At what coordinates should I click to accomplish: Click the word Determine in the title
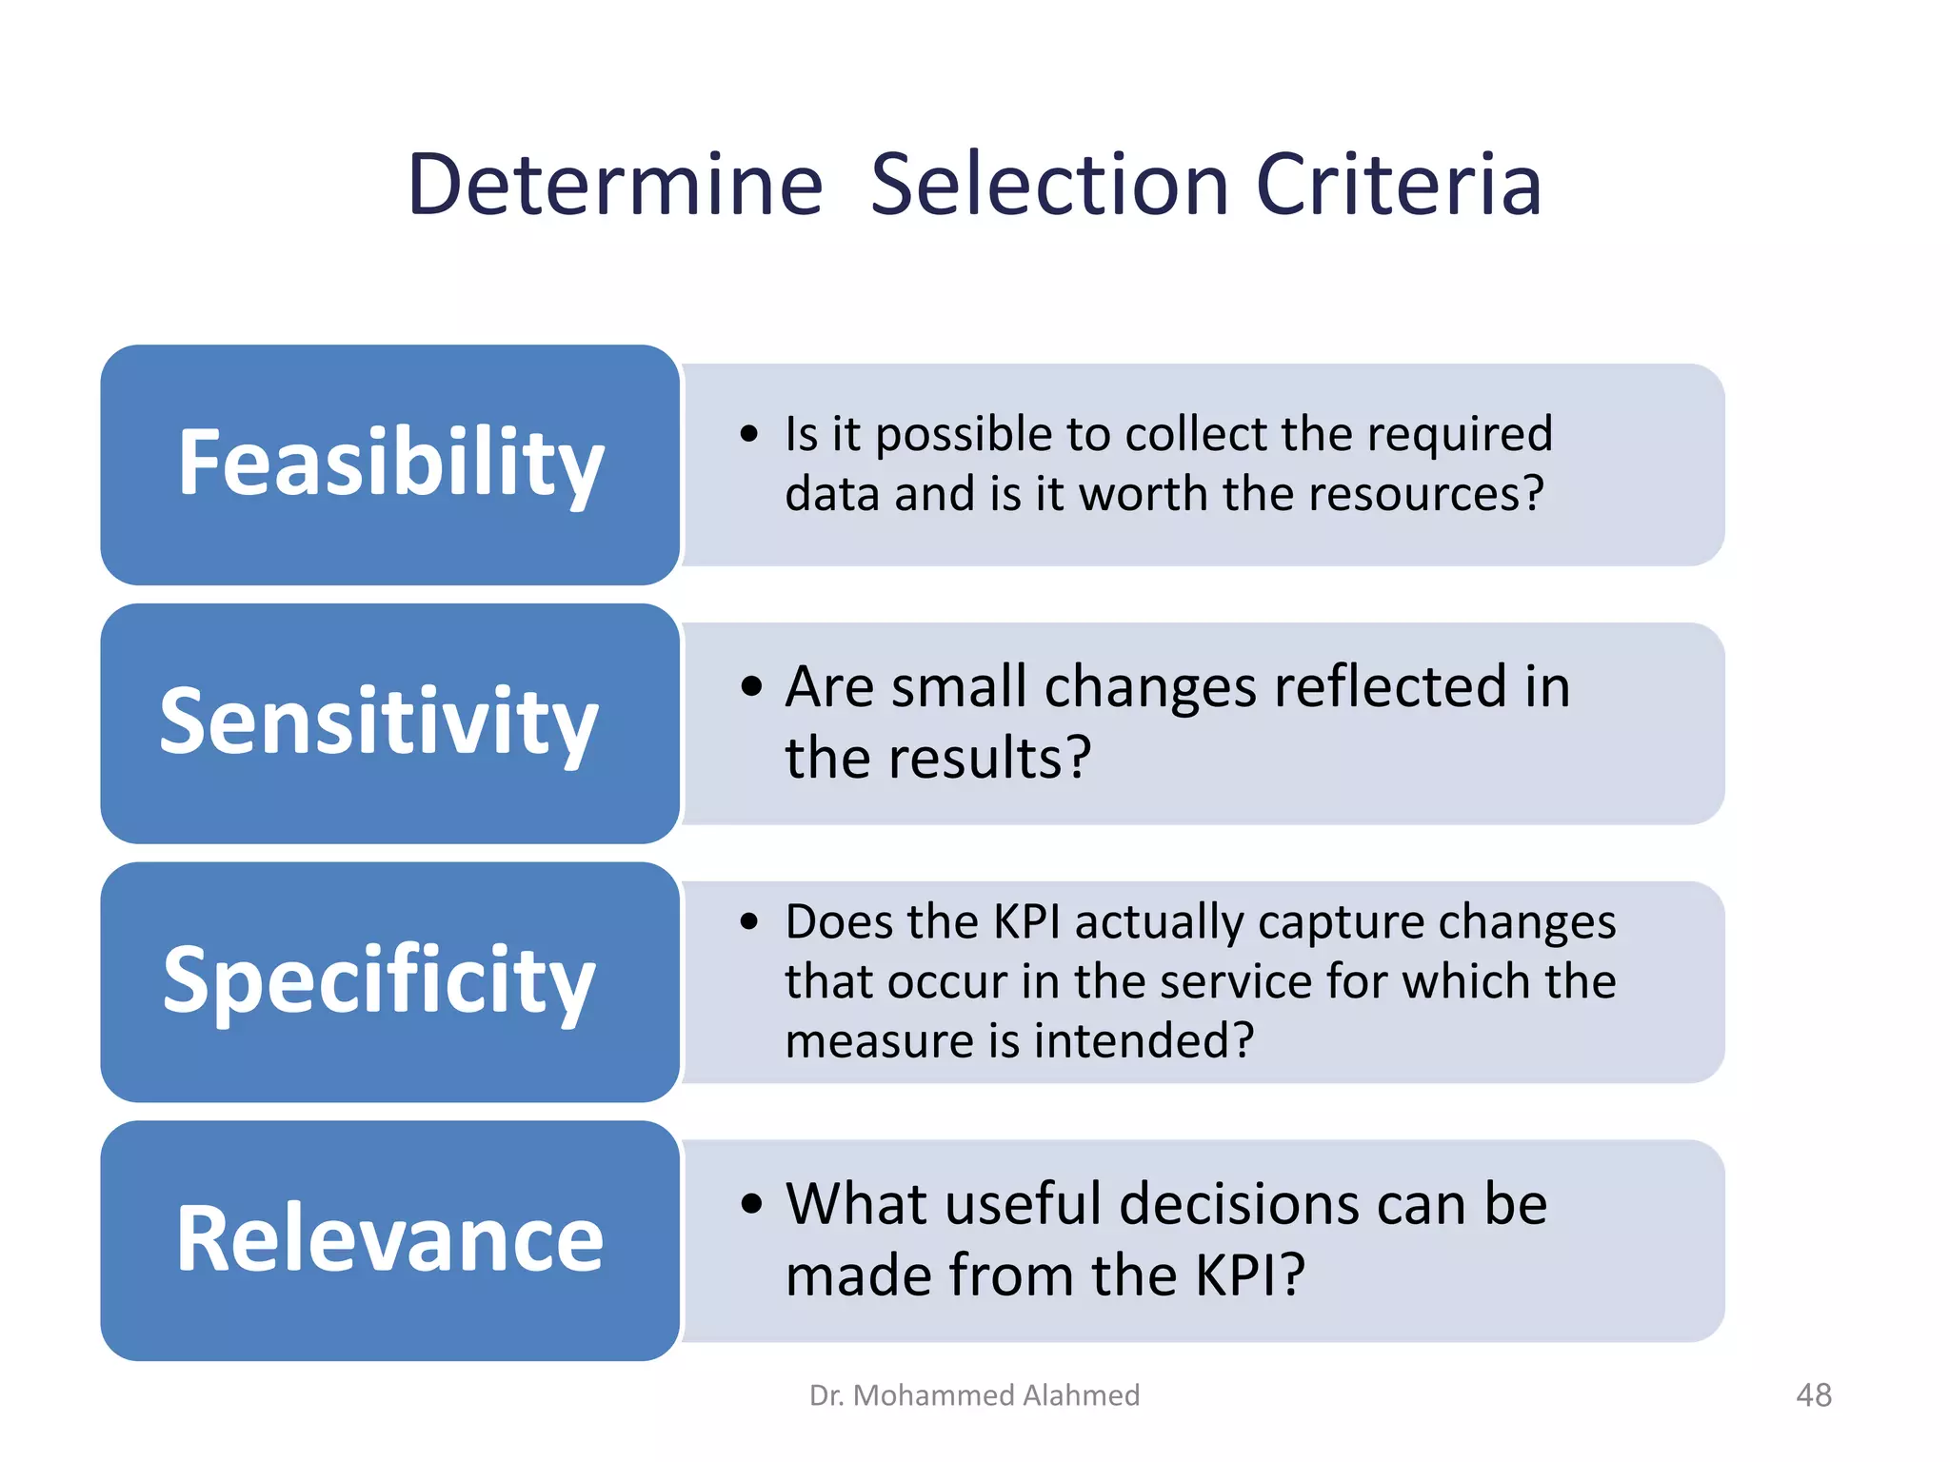pos(615,185)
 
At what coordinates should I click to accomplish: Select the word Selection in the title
pos(1050,185)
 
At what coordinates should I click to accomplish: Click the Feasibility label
pos(390,464)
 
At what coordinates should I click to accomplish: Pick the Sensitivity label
pos(379,723)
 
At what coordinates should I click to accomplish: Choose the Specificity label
pos(379,981)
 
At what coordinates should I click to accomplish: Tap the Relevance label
pos(389,1239)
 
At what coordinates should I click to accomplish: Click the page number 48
pos(1813,1395)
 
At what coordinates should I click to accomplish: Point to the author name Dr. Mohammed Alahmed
pos(974,1395)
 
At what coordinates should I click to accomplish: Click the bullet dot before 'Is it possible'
pos(750,435)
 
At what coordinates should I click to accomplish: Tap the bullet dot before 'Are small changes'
pos(751,686)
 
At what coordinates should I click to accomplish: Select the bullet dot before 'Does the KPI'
pos(750,921)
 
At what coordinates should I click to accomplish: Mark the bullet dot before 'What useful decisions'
pos(751,1203)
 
